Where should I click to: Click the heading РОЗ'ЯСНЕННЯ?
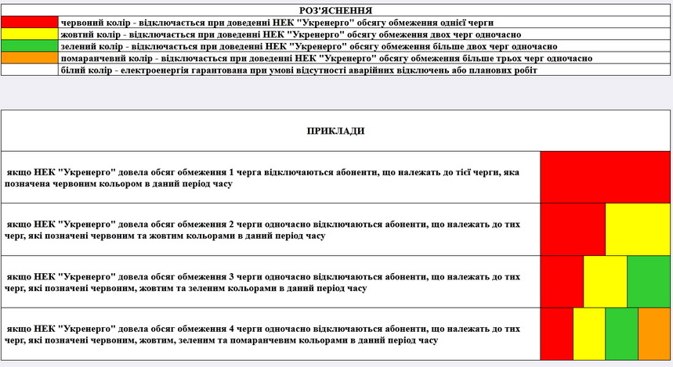(x=335, y=10)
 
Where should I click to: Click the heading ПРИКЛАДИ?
(x=335, y=131)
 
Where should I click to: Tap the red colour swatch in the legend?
(x=30, y=23)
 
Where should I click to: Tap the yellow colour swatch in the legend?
(x=30, y=34)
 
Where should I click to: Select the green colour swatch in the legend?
(x=30, y=46)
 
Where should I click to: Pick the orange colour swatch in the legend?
(x=30, y=58)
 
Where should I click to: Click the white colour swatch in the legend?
(x=30, y=70)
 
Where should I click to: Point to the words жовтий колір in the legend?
(x=88, y=34)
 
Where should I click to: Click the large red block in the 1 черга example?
(x=605, y=177)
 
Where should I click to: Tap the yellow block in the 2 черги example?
(x=637, y=229)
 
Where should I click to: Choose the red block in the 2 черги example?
(x=573, y=229)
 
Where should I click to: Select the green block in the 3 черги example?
(x=648, y=282)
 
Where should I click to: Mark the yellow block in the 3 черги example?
(x=605, y=282)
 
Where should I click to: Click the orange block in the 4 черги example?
(x=653, y=334)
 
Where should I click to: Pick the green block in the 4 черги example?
(x=621, y=334)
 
